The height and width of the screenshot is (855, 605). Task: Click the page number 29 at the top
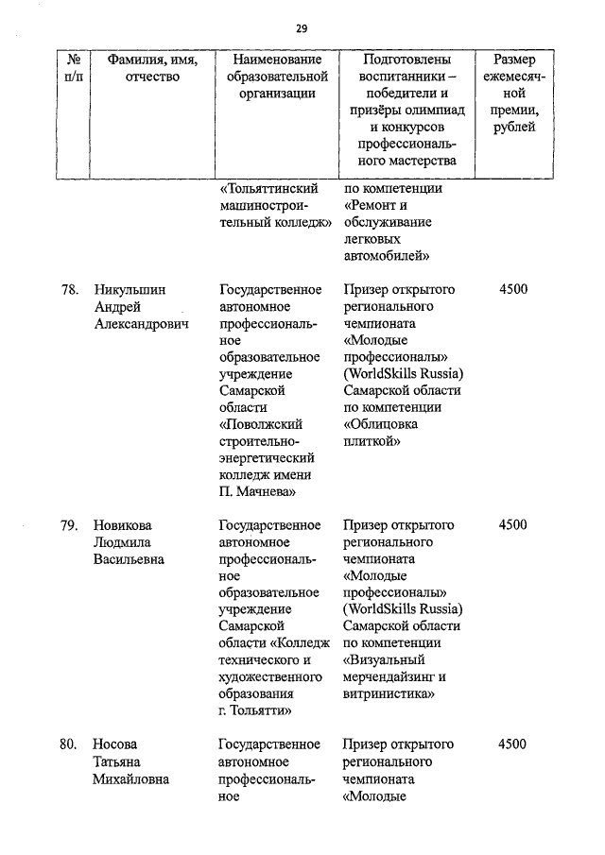pos(302,27)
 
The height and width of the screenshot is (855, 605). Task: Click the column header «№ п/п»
pos(72,68)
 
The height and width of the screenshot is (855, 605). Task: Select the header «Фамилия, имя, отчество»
pos(151,68)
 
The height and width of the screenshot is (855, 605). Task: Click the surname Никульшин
pos(130,290)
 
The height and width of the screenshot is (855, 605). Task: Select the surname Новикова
pos(123,525)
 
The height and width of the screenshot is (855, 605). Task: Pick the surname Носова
pos(116,744)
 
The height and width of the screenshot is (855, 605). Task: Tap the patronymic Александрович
pos(140,325)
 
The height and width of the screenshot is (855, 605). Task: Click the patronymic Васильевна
pos(128,559)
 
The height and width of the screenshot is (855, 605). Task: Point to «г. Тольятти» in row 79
pos(254,710)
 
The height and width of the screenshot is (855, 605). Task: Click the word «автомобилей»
pos(388,256)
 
